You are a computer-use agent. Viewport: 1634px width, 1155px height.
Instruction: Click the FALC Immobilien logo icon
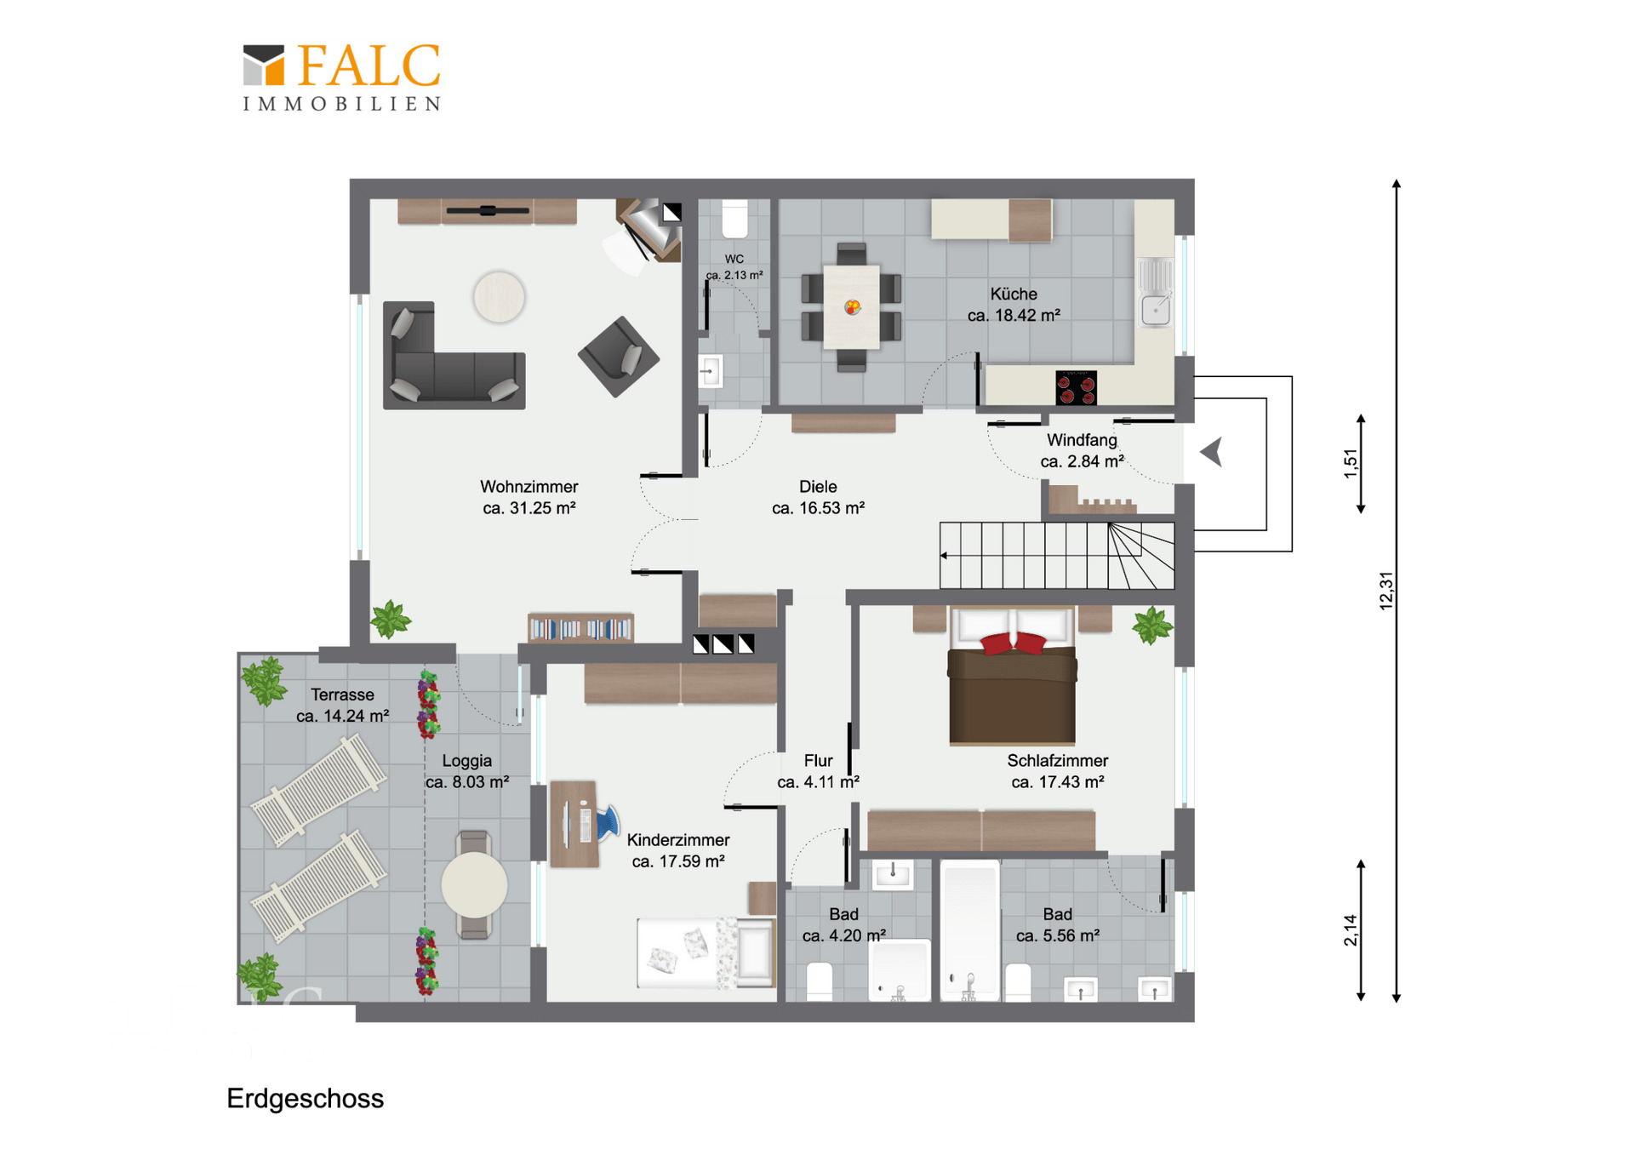[x=264, y=66]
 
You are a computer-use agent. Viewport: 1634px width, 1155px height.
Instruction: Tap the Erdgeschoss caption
[x=305, y=1099]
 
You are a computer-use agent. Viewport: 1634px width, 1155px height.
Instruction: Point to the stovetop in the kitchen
[x=1076, y=388]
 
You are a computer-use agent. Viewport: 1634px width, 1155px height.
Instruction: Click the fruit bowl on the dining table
[x=852, y=306]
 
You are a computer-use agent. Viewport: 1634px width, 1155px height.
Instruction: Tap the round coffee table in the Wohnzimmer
[x=499, y=297]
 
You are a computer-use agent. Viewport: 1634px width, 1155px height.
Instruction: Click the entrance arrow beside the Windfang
[x=1212, y=452]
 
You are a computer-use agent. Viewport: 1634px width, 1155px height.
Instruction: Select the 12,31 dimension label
[x=1386, y=590]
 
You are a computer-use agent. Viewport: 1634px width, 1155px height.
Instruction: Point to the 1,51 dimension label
[x=1351, y=464]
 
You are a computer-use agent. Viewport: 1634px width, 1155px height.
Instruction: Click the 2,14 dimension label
[x=1351, y=929]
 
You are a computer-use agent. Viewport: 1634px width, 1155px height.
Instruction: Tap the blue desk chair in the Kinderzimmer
[x=608, y=823]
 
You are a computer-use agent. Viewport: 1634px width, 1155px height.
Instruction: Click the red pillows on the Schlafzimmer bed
[x=1013, y=643]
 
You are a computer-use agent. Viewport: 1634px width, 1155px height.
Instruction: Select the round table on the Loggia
[x=475, y=885]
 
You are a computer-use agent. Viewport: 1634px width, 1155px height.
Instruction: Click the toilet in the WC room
[x=734, y=219]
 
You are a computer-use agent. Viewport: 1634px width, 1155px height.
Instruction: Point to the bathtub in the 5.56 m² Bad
[x=970, y=929]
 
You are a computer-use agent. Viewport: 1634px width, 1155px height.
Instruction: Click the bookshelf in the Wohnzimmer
[x=580, y=627]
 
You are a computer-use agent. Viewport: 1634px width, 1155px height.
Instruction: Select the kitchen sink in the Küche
[x=1156, y=293]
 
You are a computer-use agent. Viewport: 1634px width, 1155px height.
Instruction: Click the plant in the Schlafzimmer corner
[x=1152, y=626]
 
